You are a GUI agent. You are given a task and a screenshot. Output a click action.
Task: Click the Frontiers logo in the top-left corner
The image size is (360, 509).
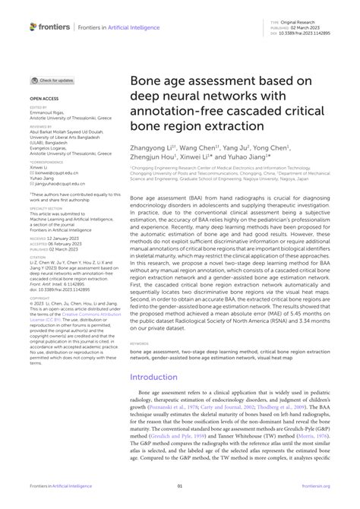(x=50, y=27)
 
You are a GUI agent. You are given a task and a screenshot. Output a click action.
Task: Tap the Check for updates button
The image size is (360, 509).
(x=52, y=80)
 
